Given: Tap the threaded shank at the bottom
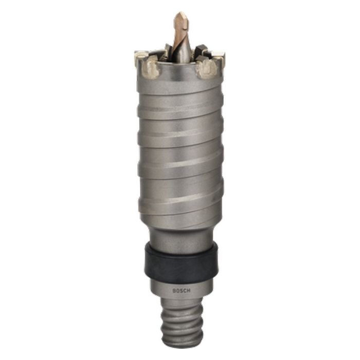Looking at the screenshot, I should (180, 324).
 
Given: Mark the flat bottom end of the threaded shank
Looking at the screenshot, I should (180, 344).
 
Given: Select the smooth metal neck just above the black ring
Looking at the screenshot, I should (180, 234).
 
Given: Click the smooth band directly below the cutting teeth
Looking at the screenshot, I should (180, 82).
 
